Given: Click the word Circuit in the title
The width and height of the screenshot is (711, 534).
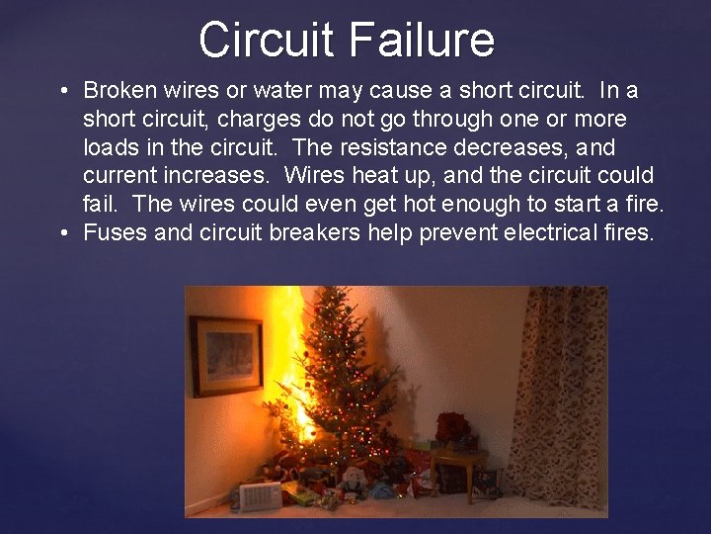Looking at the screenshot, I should click(x=267, y=41).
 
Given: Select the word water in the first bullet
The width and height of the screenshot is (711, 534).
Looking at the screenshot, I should click(x=282, y=91).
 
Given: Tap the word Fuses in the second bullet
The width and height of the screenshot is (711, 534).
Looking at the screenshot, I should click(x=112, y=234).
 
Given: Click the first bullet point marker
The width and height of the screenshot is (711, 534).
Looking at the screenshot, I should click(x=62, y=92).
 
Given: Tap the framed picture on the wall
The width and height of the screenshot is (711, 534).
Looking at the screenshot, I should click(x=226, y=356).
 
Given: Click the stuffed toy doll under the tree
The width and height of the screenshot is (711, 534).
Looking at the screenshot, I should click(x=350, y=482).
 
